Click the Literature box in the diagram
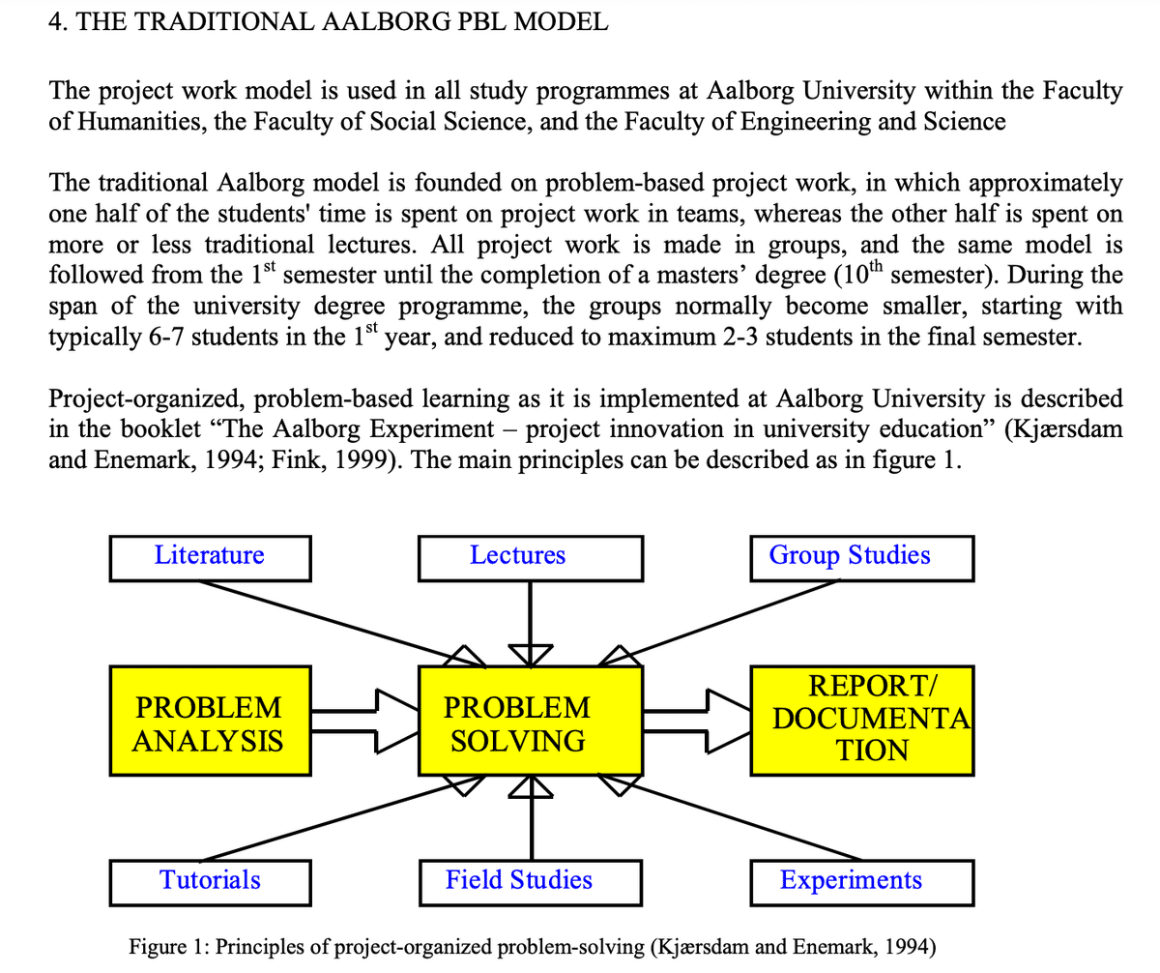(x=210, y=558)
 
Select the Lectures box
(x=531, y=558)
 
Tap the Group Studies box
(x=861, y=558)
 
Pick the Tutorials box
(x=210, y=883)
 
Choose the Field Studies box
(x=531, y=883)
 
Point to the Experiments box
(x=861, y=883)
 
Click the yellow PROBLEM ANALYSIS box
(x=210, y=721)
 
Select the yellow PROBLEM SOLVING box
(x=531, y=721)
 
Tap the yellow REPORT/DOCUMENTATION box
(x=861, y=721)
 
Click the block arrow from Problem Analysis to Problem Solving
(x=365, y=722)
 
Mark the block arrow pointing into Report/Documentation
(x=697, y=722)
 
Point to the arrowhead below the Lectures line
(x=531, y=656)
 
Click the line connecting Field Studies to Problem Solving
(x=532, y=817)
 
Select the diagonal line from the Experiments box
(x=730, y=817)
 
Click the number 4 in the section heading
(x=54, y=21)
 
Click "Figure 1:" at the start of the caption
(x=169, y=946)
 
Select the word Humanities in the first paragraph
(x=140, y=122)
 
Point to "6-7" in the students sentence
(x=166, y=337)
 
